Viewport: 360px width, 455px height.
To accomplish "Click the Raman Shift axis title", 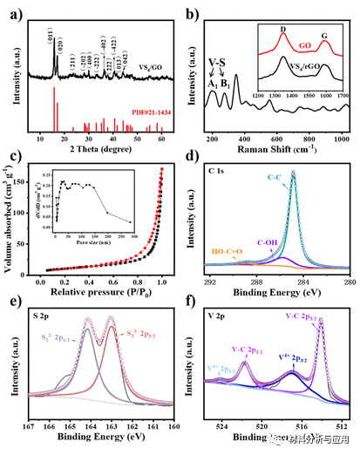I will tap(277, 146).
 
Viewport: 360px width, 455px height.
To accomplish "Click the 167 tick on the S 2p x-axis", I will tap(28, 427).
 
